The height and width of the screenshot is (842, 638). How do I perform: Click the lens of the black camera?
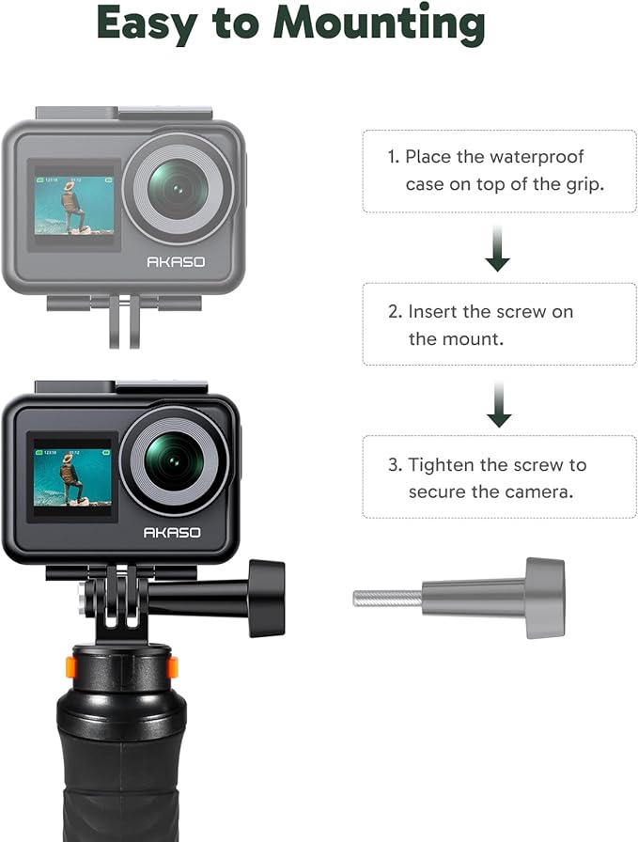click(175, 458)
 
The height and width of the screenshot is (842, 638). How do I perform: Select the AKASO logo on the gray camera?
click(175, 262)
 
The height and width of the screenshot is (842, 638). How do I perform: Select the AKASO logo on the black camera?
click(171, 533)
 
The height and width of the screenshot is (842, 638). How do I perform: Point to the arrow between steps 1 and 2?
click(498, 251)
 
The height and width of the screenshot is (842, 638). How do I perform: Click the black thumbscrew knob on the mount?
click(267, 598)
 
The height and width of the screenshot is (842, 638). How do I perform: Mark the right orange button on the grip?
click(172, 667)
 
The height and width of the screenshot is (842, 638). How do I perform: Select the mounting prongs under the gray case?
click(124, 320)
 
